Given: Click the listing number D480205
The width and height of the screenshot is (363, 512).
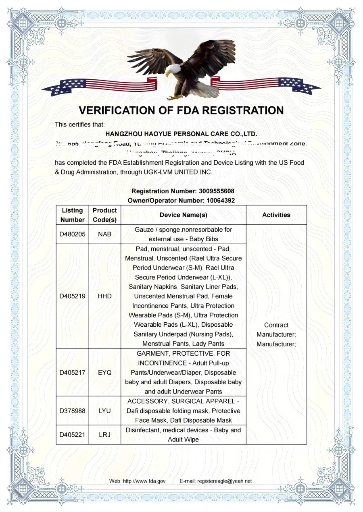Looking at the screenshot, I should [x=72, y=234].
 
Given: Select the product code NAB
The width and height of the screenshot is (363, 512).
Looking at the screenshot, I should [x=104, y=234].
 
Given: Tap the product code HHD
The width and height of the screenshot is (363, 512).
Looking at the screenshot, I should [x=104, y=296].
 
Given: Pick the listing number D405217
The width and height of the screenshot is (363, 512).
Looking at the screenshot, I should [x=72, y=373].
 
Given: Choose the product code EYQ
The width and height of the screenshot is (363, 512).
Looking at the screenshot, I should [x=104, y=373].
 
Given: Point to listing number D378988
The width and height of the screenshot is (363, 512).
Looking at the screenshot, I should [x=72, y=411].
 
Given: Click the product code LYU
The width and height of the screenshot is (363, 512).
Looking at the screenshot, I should [x=104, y=411].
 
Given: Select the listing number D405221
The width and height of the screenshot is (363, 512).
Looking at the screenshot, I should [x=72, y=435].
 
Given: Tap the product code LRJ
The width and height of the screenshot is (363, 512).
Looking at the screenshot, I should [x=104, y=435].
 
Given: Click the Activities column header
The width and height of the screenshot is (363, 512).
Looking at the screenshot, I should [x=276, y=215].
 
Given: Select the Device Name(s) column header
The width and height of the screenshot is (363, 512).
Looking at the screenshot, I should [x=183, y=215].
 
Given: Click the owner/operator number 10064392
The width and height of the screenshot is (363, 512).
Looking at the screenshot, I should [x=215, y=200].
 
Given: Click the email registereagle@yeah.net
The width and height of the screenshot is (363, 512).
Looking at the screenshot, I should [x=224, y=481].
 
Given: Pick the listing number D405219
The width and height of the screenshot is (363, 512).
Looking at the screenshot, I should [x=72, y=296].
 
